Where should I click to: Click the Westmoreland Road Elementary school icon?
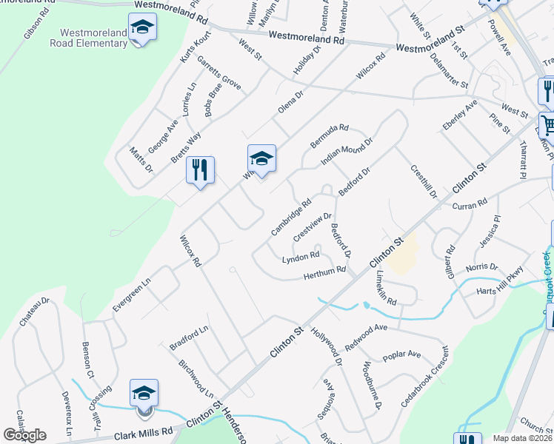pos(142,28)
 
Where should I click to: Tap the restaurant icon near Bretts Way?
pos(200,171)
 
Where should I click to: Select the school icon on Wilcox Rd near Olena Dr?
pos(261,159)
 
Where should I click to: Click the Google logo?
pos(24,435)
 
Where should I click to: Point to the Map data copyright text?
pos(522,438)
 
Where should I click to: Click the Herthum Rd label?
pos(324,273)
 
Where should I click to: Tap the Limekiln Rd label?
pos(386,289)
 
